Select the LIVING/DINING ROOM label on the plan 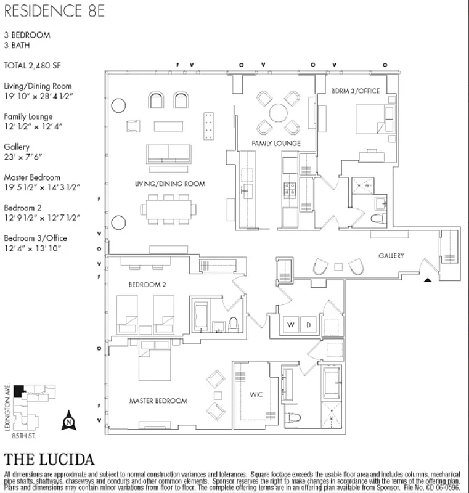pyautogui.click(x=170, y=184)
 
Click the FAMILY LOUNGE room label pyautogui.click(x=275, y=144)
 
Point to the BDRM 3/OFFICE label pyautogui.click(x=356, y=91)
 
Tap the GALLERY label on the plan pyautogui.click(x=391, y=255)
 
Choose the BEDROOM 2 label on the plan pyautogui.click(x=147, y=285)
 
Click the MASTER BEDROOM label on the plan pyautogui.click(x=158, y=401)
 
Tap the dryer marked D pyautogui.click(x=311, y=324)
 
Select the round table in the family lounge pyautogui.click(x=278, y=113)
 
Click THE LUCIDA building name pyautogui.click(x=49, y=460)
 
